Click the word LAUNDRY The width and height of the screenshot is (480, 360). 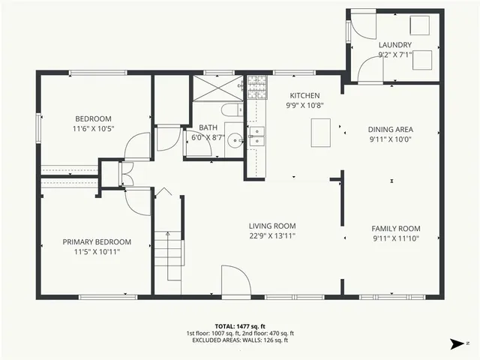pyautogui.click(x=394, y=45)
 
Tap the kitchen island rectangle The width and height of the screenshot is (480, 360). pyautogui.click(x=320, y=133)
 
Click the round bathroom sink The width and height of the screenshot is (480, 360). pyautogui.click(x=233, y=139)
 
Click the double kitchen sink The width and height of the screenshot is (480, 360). pyautogui.click(x=256, y=136)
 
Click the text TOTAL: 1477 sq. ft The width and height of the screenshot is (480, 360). pyautogui.click(x=240, y=326)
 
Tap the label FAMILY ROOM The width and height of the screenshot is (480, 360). pyautogui.click(x=395, y=229)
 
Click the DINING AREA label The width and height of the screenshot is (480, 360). pyautogui.click(x=390, y=129)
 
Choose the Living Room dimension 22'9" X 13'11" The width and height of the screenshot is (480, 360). pyautogui.click(x=272, y=236)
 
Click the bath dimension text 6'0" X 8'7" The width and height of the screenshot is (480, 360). pyautogui.click(x=208, y=137)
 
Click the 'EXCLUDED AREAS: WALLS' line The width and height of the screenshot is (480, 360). pyautogui.click(x=240, y=340)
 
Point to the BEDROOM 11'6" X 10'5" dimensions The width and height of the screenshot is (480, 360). pyautogui.click(x=93, y=129)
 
